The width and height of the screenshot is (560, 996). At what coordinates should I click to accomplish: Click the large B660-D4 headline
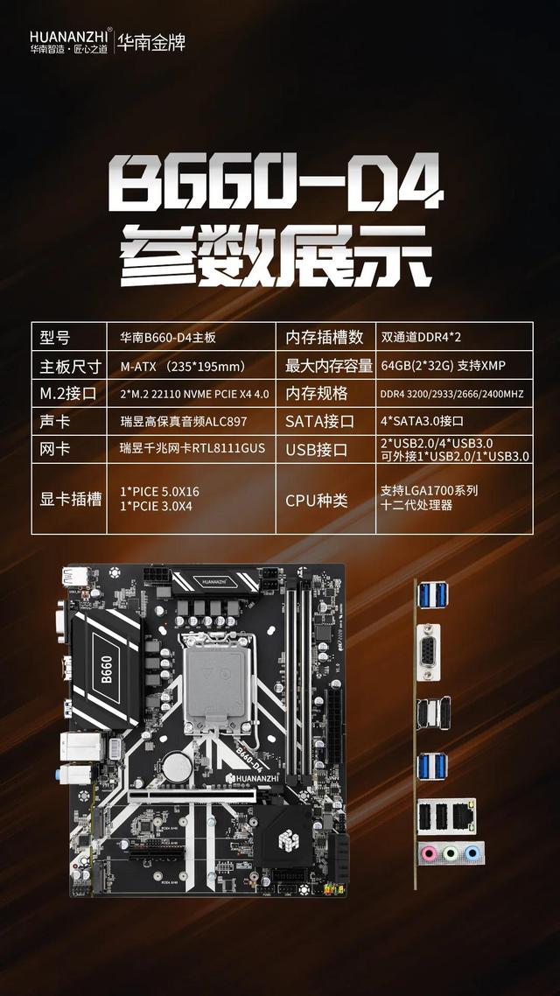[276, 185]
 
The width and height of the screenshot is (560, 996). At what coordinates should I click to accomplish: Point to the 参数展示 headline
[276, 253]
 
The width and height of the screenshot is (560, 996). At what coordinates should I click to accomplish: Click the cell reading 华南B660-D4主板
[167, 338]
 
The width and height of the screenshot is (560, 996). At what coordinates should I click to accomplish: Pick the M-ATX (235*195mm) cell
[182, 366]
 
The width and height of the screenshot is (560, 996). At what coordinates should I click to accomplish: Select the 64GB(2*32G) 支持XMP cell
[444, 365]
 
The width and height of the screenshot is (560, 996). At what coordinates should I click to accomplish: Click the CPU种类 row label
[316, 500]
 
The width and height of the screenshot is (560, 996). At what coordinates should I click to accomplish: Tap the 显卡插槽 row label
[71, 500]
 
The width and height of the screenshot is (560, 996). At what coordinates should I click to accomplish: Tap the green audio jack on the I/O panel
[450, 853]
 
